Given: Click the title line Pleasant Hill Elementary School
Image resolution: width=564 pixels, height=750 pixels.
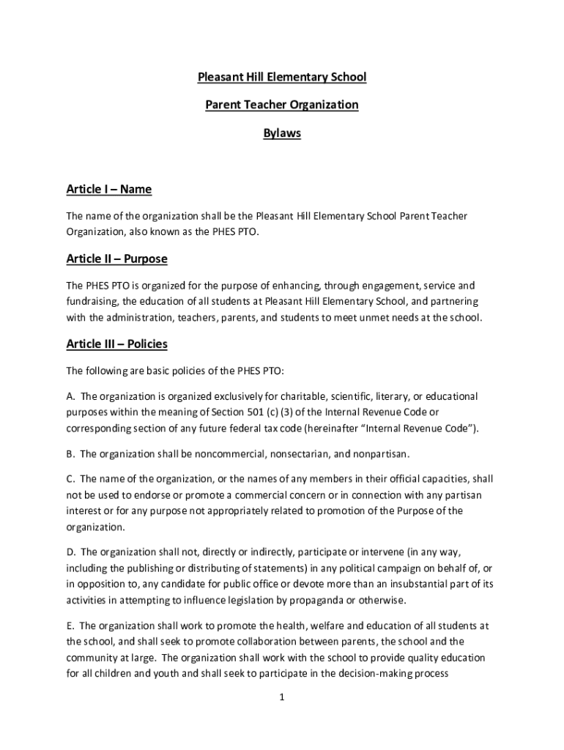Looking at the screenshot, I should (282, 77).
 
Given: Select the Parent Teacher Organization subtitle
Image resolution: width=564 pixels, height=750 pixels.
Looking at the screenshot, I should (282, 105).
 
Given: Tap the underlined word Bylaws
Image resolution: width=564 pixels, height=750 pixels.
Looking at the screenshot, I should (282, 134).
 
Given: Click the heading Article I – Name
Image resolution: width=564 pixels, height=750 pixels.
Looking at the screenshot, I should (109, 190).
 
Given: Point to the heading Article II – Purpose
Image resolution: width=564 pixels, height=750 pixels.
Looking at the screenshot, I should (117, 259).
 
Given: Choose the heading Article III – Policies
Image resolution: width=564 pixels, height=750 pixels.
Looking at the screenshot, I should (117, 344).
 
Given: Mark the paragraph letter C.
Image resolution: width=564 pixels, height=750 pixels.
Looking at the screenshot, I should (70, 479).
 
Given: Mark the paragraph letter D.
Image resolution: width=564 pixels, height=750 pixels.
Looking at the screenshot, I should (70, 552).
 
